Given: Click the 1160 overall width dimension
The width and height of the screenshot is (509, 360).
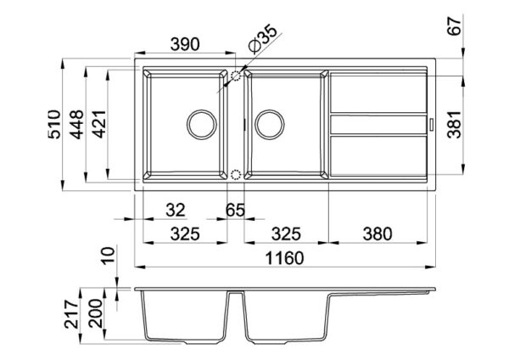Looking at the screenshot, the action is click(x=284, y=258).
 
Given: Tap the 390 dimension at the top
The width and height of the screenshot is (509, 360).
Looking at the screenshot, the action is click(x=185, y=44).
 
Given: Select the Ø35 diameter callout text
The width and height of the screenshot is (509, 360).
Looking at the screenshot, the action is click(x=263, y=39).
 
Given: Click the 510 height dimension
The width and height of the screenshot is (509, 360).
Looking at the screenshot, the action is click(x=54, y=125).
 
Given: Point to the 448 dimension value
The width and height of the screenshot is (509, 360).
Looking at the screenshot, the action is click(x=77, y=125).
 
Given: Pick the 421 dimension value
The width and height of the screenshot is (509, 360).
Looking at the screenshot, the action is click(x=99, y=125).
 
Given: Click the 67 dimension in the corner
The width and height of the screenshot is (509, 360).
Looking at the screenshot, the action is click(x=454, y=25).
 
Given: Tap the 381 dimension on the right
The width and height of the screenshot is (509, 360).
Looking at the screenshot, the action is click(x=454, y=125).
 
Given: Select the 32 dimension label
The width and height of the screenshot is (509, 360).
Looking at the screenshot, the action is click(x=176, y=210).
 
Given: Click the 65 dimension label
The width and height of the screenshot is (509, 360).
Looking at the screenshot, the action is click(x=235, y=210).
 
